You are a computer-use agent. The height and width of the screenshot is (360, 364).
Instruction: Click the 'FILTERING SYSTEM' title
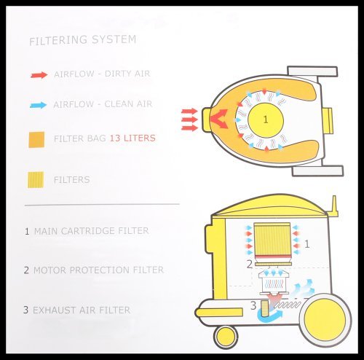82,40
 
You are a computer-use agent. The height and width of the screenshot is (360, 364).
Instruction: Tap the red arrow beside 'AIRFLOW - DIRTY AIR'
39,75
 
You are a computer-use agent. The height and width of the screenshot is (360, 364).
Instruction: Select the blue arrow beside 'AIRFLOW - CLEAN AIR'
39,105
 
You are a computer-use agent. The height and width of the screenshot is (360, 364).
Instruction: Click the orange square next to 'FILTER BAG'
36,140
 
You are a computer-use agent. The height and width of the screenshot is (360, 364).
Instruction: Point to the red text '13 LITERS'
132,138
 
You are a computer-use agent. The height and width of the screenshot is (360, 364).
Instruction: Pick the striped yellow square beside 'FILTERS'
36,180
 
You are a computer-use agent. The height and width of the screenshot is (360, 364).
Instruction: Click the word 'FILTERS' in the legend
72,180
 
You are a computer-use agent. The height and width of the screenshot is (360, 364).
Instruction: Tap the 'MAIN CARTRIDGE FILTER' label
91,231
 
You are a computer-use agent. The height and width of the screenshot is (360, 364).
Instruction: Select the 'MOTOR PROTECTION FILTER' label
98,270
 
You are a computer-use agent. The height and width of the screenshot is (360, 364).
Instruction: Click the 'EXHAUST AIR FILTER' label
82,310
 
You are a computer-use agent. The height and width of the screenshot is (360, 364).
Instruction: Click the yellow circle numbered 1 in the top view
266,120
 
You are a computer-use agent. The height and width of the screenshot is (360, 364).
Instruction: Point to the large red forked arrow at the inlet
218,119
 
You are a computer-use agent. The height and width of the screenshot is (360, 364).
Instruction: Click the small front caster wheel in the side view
226,337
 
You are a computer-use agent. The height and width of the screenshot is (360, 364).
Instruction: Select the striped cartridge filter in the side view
272,239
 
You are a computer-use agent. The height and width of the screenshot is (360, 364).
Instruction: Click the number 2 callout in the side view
250,265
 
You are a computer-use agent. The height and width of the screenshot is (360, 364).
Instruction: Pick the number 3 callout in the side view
253,305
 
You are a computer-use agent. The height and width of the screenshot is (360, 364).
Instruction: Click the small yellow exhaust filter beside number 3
264,308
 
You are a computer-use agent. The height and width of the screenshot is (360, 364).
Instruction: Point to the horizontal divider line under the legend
102,205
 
